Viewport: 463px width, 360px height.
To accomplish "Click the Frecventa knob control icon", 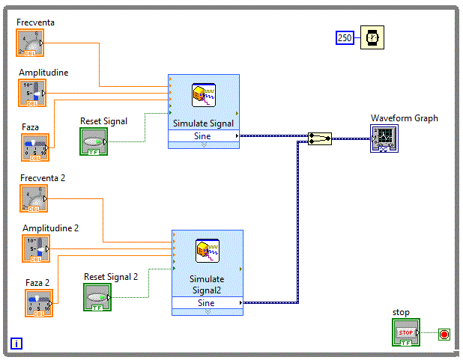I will pos(31,43).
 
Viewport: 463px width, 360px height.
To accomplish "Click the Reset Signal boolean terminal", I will pos(94,141).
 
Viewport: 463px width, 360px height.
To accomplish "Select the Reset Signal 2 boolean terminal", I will pos(97,298).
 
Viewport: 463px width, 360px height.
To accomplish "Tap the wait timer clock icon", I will pos(372,37).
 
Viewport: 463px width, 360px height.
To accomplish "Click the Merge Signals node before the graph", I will pos(320,138).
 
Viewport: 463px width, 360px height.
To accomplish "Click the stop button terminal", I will pos(405,332).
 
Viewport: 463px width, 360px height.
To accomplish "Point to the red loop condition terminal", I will pos(444,334).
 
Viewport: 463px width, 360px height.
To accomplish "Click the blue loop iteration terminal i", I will pos(16,344).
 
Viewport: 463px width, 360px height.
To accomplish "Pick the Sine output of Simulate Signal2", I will pos(208,303).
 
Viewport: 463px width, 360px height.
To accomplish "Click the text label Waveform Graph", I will pos(405,118).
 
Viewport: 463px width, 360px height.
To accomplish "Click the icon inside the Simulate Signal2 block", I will pos(206,250).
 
